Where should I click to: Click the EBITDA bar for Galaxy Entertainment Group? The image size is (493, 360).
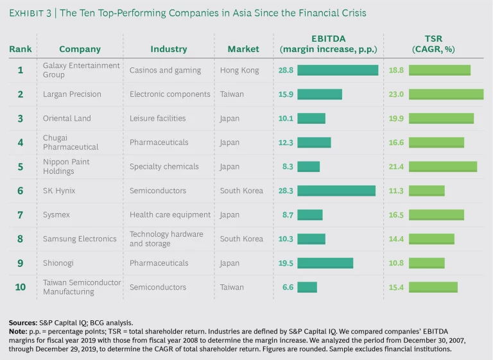(337, 70)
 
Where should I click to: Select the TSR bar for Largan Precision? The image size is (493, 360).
(446, 94)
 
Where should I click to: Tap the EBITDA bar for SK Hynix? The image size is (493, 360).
(336, 191)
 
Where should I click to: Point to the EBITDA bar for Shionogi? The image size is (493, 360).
(325, 263)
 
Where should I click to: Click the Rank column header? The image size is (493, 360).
(20, 49)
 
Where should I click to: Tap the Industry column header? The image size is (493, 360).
(169, 49)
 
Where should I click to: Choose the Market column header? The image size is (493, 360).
(243, 49)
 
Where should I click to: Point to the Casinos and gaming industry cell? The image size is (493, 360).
(165, 70)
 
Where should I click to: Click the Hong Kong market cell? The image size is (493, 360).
(238, 70)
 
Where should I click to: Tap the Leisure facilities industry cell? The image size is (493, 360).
(157, 118)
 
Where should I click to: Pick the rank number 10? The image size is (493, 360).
(21, 287)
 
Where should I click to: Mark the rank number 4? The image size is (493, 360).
(21, 142)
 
